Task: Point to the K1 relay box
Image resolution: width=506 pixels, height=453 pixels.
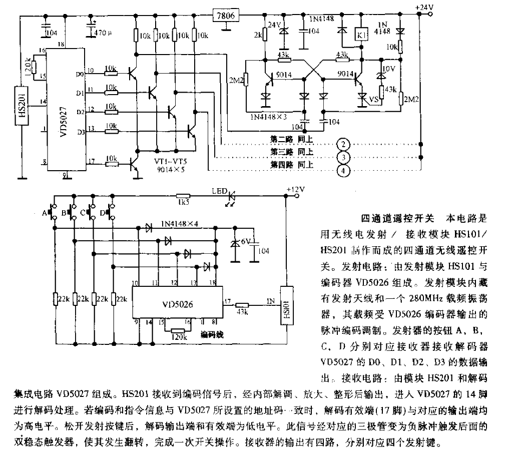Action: [361, 35]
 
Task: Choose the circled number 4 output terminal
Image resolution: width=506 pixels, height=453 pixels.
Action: [342, 171]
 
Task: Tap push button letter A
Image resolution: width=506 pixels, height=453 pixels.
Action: [45, 213]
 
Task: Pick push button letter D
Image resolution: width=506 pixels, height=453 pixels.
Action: [103, 213]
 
